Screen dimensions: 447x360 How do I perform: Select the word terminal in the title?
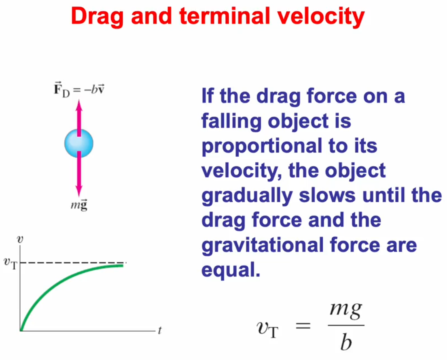pyautogui.click(x=225, y=16)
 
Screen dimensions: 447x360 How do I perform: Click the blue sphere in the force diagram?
pyautogui.click(x=79, y=143)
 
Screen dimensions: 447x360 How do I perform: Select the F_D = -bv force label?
pyautogui.click(x=79, y=89)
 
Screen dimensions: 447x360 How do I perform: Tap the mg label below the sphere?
pyautogui.click(x=79, y=204)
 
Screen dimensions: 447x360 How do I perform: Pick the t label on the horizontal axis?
pyautogui.click(x=160, y=330)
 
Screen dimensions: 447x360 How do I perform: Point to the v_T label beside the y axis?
pyautogui.click(x=11, y=263)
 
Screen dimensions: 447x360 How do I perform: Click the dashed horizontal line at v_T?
pyautogui.click(x=73, y=262)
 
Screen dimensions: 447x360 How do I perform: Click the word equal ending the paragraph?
pyautogui.click(x=231, y=271)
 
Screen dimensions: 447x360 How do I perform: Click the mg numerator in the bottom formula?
pyautogui.click(x=346, y=310)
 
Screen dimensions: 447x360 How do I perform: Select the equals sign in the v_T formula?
pyautogui.click(x=303, y=325)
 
